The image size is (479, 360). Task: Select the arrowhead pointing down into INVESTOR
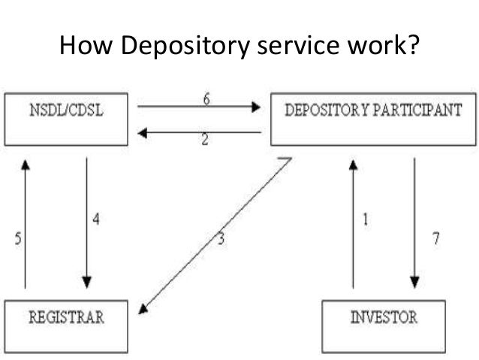[413, 283]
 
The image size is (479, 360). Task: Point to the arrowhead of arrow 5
[25, 164]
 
